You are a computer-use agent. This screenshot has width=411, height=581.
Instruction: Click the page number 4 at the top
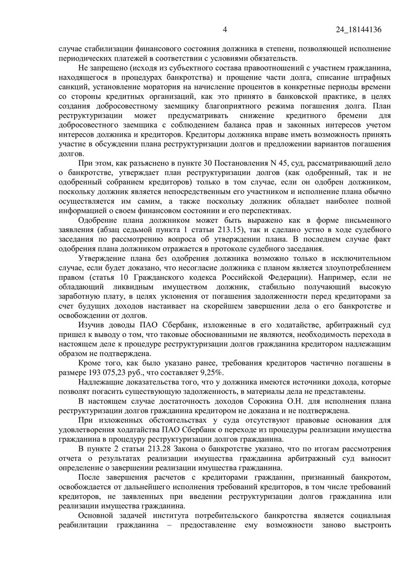[x=225, y=30]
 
